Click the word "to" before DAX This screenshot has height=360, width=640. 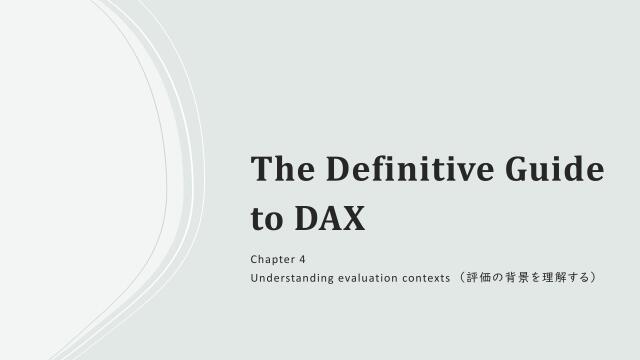(x=266, y=218)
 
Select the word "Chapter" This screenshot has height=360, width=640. (x=273, y=259)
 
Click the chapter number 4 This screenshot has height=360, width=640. (x=302, y=259)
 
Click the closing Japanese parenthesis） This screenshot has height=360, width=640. (x=594, y=276)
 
